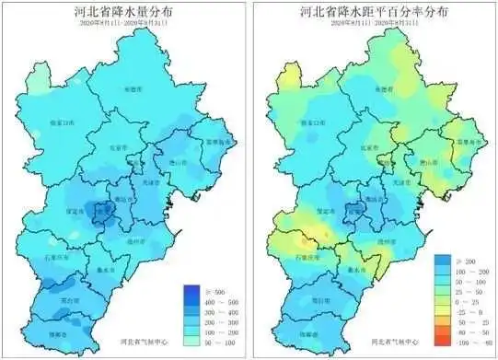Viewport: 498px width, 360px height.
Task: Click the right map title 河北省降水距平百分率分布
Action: (376, 13)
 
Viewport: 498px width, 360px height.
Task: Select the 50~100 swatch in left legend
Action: (194, 340)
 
